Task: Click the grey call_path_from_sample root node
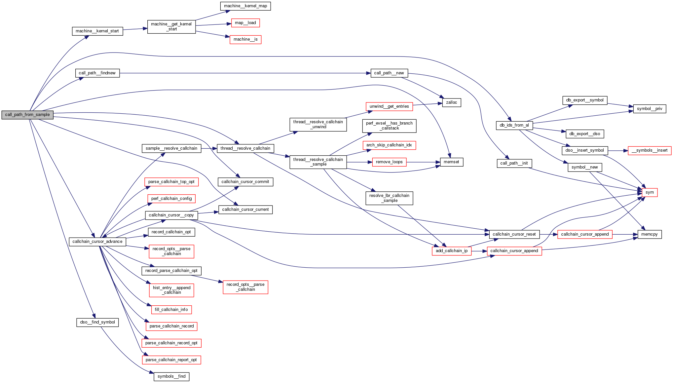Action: click(x=27, y=115)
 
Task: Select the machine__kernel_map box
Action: click(x=245, y=6)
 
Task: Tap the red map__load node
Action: click(x=245, y=23)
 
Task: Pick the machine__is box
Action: click(x=245, y=39)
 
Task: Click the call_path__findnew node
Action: click(x=97, y=73)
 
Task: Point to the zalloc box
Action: click(x=451, y=102)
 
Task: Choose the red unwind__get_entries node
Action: click(x=389, y=106)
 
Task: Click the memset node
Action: click(x=451, y=162)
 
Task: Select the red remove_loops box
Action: click(x=389, y=162)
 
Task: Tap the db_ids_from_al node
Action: click(x=514, y=125)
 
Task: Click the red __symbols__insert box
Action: click(x=650, y=150)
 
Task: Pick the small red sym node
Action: click(x=650, y=192)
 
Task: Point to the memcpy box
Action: click(x=649, y=234)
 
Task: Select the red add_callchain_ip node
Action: click(x=451, y=251)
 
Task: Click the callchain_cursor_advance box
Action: click(x=97, y=242)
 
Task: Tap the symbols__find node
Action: click(x=171, y=376)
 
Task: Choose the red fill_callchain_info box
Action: click(x=171, y=310)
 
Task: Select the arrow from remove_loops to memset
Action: click(x=423, y=162)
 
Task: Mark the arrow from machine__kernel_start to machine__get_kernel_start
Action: click(x=135, y=29)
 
